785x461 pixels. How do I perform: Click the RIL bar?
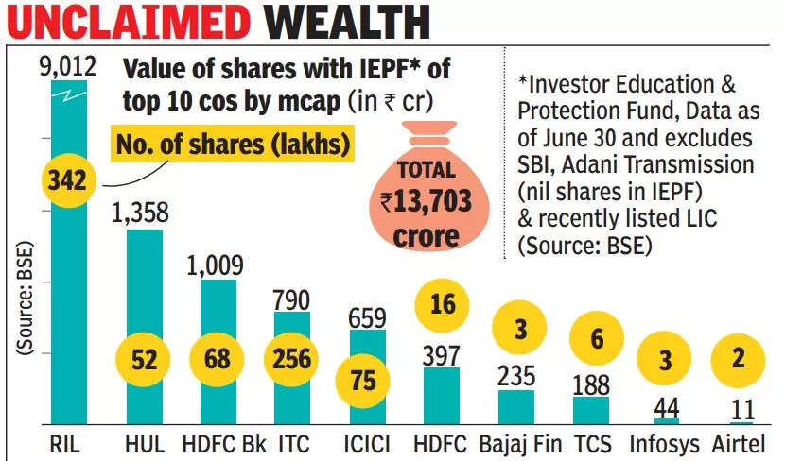pos(69,283)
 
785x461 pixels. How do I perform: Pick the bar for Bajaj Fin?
pos(516,408)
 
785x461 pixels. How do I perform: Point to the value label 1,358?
pos(144,214)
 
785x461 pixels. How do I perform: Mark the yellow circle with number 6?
pos(591,338)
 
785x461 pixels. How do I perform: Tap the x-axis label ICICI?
pos(368,444)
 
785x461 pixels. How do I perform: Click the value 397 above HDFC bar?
pos(443,356)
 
